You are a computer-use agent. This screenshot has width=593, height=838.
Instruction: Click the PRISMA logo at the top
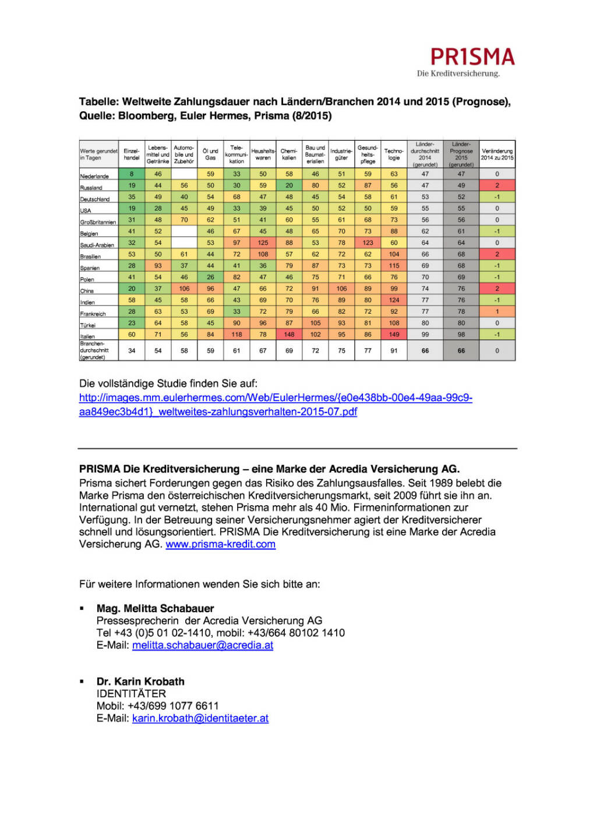click(472, 57)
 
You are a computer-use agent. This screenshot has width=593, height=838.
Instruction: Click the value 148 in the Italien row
click(289, 335)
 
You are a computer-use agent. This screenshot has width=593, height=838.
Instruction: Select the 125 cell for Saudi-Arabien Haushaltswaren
click(263, 243)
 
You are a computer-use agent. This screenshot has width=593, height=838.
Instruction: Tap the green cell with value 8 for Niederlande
click(132, 174)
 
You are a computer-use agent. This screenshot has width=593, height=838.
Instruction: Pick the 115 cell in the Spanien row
click(394, 266)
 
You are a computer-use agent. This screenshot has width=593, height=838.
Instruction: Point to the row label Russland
click(91, 188)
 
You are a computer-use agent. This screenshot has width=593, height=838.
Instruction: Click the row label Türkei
click(88, 325)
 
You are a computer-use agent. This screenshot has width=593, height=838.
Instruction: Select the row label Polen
click(87, 279)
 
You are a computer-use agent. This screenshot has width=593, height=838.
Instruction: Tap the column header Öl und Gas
click(210, 154)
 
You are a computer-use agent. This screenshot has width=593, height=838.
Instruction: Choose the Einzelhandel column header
click(132, 154)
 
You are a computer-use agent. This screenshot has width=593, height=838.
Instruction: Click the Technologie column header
click(394, 154)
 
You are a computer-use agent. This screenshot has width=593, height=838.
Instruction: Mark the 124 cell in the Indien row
click(394, 300)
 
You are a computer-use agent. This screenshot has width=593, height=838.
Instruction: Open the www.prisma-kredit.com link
click(220, 544)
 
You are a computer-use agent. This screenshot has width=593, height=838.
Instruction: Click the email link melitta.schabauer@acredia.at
click(203, 645)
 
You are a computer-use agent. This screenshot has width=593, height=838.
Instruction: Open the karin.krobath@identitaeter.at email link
click(200, 718)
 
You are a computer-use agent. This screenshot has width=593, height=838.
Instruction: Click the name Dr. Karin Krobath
click(140, 681)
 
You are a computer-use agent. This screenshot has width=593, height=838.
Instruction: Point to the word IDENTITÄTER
click(131, 694)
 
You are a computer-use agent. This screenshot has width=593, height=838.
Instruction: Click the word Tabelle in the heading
click(98, 102)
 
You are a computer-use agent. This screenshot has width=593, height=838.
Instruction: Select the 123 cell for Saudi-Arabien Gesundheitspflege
click(368, 243)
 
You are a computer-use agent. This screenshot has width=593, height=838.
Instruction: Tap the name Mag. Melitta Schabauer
click(155, 608)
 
